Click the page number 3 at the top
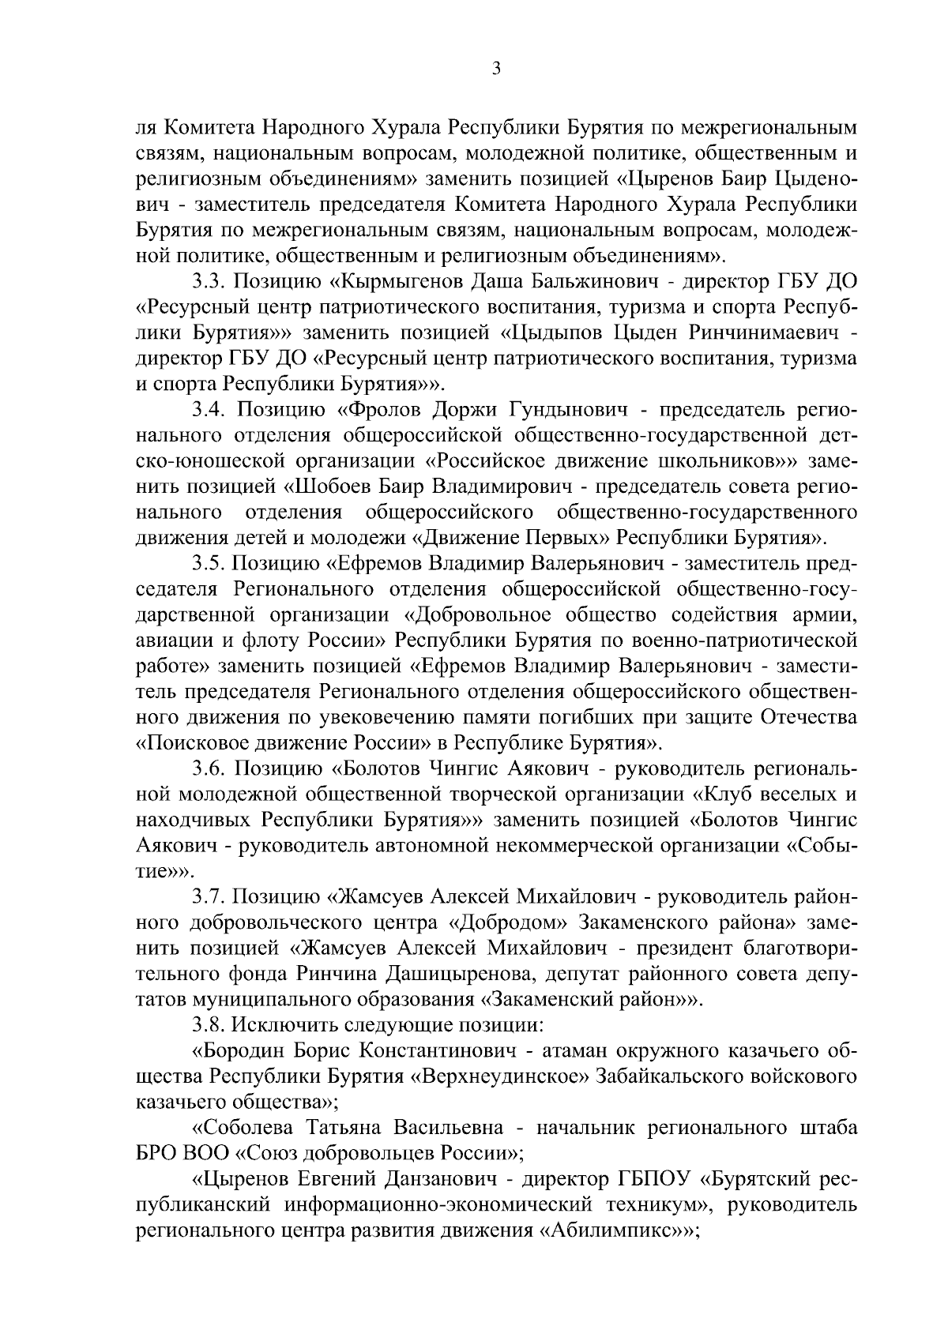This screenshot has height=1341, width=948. pyautogui.click(x=495, y=69)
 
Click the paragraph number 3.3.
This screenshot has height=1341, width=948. pyautogui.click(x=209, y=282)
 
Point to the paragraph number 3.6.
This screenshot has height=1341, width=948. pyautogui.click(x=209, y=768)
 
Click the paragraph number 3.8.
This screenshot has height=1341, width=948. pyautogui.click(x=209, y=1025)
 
